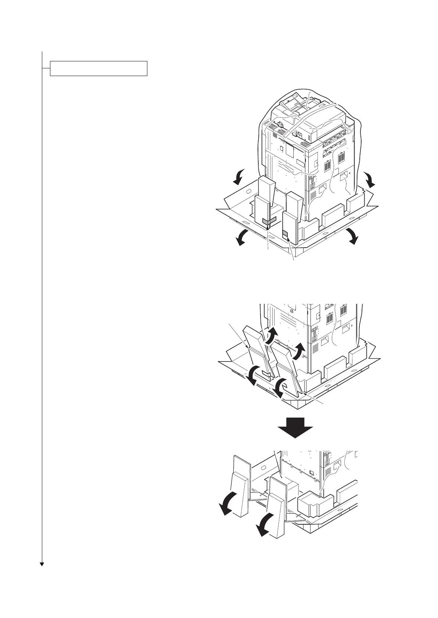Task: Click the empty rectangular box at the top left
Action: pos(98,68)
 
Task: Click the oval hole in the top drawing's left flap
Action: pos(247,191)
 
